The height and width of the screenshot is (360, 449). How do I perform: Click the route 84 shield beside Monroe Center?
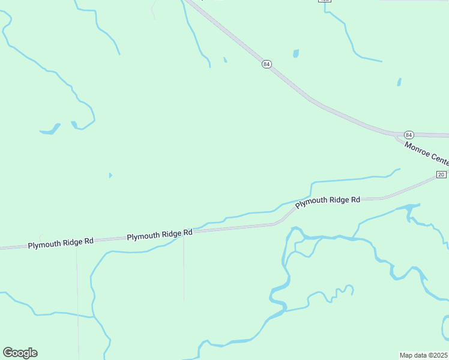409,134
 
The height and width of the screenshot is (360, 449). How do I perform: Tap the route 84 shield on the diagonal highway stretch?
267,64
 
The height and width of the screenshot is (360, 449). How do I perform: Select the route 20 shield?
441,175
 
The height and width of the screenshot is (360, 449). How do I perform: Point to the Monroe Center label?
427,152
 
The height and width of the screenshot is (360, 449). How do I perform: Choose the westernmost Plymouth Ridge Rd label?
61,242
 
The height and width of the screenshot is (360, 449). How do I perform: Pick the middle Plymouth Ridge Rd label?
160,234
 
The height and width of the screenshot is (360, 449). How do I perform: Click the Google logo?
20,353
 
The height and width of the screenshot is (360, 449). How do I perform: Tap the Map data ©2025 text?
424,355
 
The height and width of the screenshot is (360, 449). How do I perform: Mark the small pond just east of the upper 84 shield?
295,53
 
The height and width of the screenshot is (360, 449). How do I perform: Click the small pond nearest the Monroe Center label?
399,82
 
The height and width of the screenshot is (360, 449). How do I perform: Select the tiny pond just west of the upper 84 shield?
225,60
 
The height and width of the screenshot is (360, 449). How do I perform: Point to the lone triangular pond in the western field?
110,175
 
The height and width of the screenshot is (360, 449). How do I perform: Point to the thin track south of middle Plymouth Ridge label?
184,270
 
